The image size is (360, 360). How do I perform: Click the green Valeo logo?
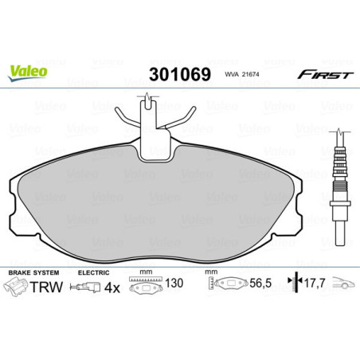click(x=28, y=71)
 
